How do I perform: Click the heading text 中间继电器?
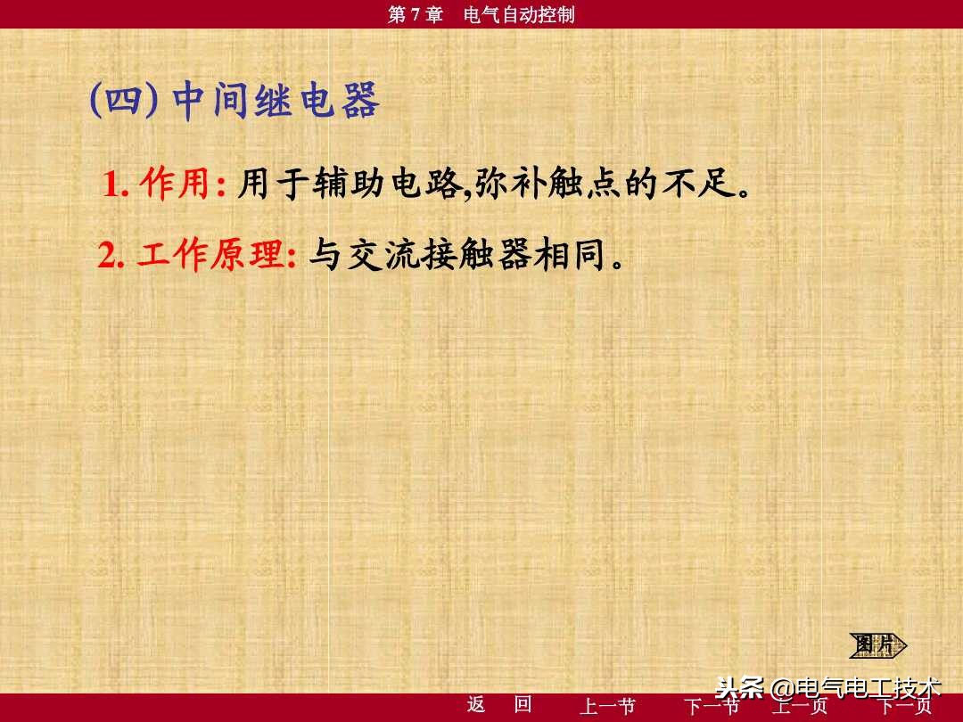[x=276, y=103]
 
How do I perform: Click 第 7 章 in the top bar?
[x=416, y=14]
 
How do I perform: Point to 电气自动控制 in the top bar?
[x=520, y=14]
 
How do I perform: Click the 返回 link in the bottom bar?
[x=499, y=705]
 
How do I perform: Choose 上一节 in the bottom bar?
[x=607, y=707]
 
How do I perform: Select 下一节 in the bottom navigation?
[x=711, y=707]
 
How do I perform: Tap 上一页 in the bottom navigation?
[x=799, y=707]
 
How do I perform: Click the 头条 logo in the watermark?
[x=740, y=688]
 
